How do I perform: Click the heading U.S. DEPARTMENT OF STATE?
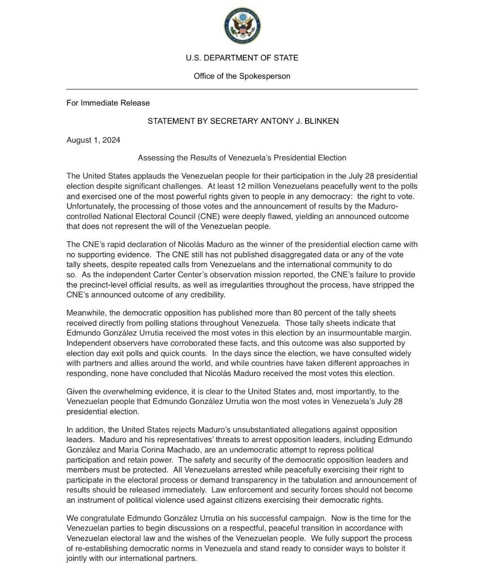pos(242,58)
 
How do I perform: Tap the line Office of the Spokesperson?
pos(242,76)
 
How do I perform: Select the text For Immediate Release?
pos(108,103)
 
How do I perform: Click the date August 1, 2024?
pos(93,140)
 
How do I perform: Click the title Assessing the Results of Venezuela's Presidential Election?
pos(242,158)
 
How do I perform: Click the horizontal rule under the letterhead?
pos(242,89)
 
